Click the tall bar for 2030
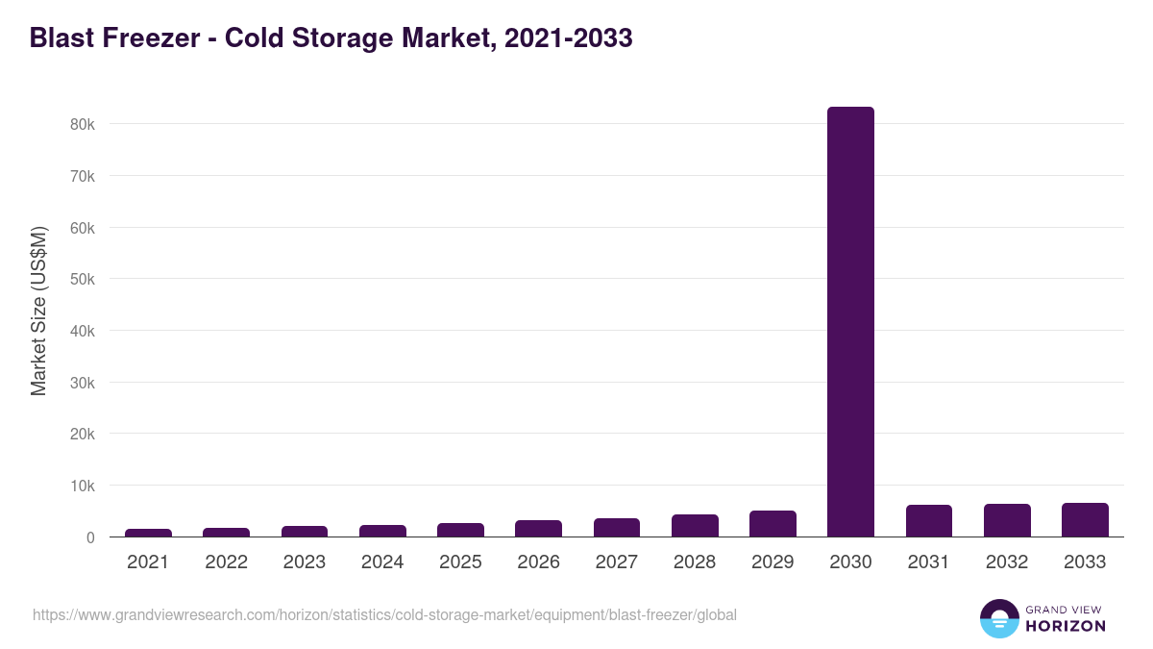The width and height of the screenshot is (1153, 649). point(850,322)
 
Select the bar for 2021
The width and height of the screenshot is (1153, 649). point(148,533)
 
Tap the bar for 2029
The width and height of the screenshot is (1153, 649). point(773,524)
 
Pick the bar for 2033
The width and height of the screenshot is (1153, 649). point(1085,520)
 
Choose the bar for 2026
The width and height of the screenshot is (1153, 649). point(538,529)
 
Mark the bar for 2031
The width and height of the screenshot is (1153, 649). point(928,521)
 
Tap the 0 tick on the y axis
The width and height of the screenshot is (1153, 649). point(90,537)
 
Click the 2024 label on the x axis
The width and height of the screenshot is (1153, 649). point(382,562)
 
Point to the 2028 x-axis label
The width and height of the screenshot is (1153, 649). point(695,562)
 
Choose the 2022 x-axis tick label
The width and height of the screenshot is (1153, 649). point(226,562)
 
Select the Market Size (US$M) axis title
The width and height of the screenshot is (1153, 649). point(38,312)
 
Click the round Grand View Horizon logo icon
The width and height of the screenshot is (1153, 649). point(999,618)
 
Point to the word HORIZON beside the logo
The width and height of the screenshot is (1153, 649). point(1066,626)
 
